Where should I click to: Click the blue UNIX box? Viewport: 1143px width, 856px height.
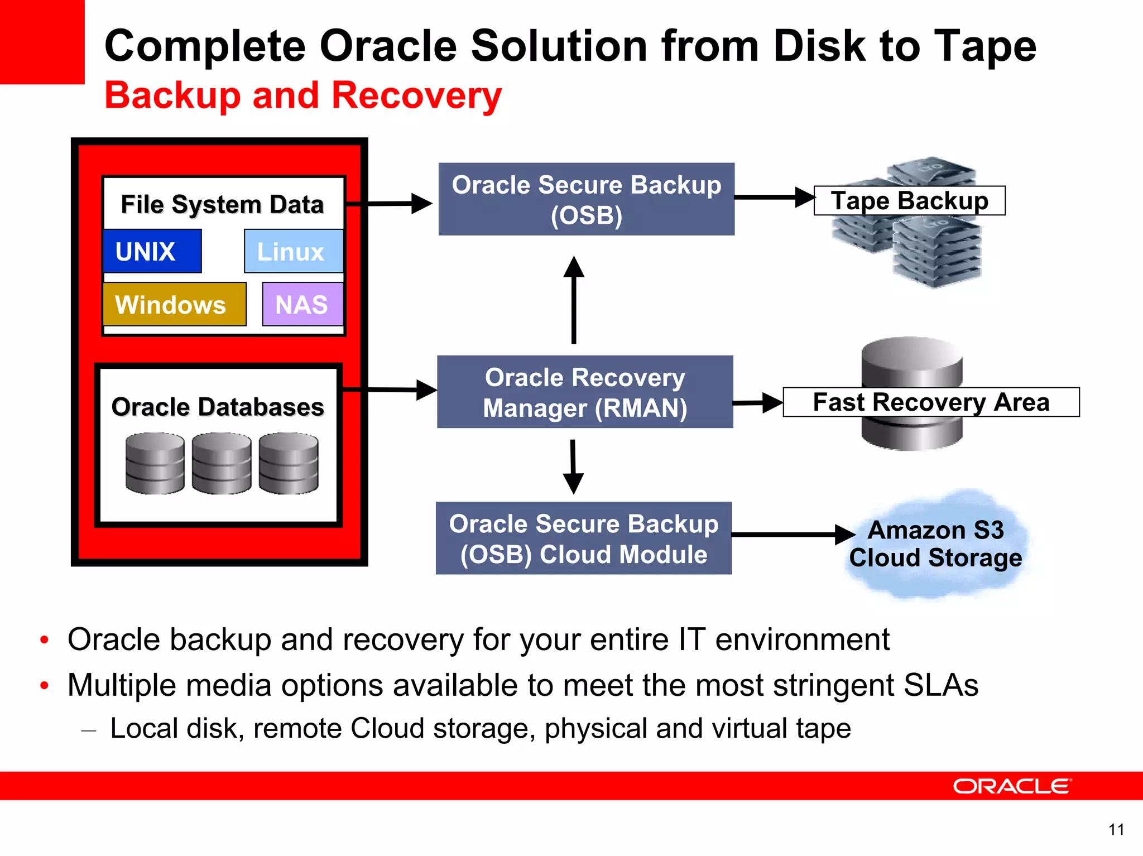click(152, 251)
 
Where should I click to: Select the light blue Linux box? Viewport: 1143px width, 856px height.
click(294, 251)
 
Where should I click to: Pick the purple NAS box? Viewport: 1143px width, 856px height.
click(302, 304)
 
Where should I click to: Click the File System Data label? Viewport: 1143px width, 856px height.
click(222, 204)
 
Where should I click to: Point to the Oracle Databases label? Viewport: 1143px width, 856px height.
click(218, 407)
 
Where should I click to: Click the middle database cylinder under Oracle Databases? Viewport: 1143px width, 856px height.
click(222, 463)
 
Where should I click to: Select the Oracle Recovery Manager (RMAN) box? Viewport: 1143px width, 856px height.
click(585, 392)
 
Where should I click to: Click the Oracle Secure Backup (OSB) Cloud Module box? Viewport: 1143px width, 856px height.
click(584, 538)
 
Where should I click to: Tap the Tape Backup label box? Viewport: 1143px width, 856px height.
click(910, 201)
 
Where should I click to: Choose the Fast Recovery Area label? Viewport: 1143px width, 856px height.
click(931, 402)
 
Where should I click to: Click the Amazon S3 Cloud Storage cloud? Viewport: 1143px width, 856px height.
click(936, 544)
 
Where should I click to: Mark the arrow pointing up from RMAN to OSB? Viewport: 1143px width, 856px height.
click(574, 301)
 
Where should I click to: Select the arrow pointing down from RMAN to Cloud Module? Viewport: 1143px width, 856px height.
click(573, 466)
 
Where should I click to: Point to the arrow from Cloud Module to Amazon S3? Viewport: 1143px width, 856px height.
click(793, 535)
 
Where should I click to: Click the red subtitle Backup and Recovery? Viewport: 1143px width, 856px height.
click(303, 95)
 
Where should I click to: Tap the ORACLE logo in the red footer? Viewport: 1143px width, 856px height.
click(1012, 786)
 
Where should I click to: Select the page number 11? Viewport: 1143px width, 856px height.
click(1116, 830)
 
